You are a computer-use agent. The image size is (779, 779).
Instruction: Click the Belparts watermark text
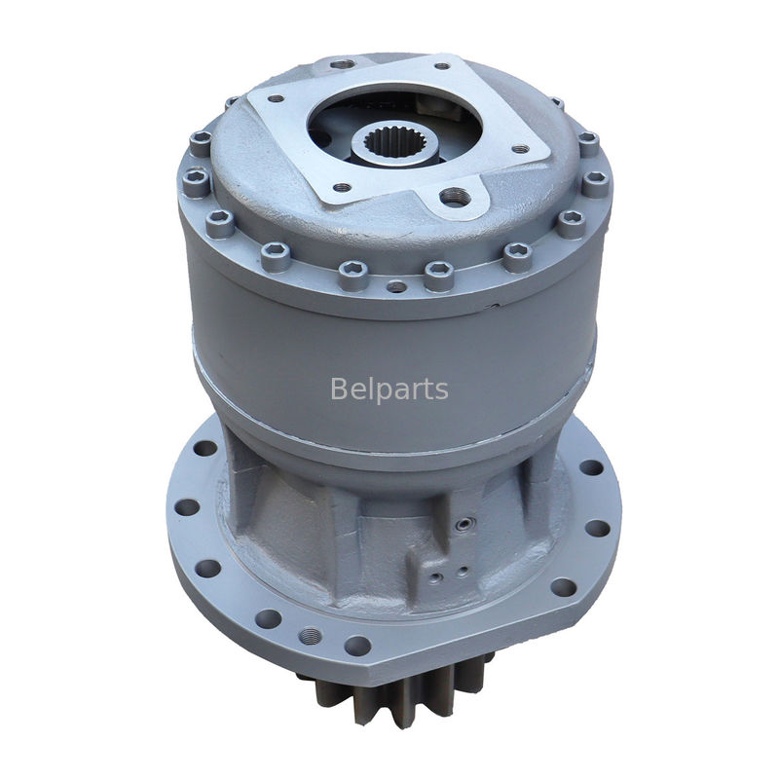[x=389, y=389]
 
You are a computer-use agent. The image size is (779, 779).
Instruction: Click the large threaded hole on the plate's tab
[x=451, y=198]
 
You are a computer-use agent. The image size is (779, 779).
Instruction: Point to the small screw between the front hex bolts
[x=396, y=287]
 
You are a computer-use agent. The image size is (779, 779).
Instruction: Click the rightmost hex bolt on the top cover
[x=595, y=182]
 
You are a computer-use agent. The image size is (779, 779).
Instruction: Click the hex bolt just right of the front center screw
[x=439, y=277]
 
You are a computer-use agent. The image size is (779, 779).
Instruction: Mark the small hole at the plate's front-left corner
[x=342, y=187]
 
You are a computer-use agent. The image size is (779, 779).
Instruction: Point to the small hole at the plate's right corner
[x=520, y=149]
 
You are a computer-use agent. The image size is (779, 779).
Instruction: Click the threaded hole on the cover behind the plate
[x=344, y=64]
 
